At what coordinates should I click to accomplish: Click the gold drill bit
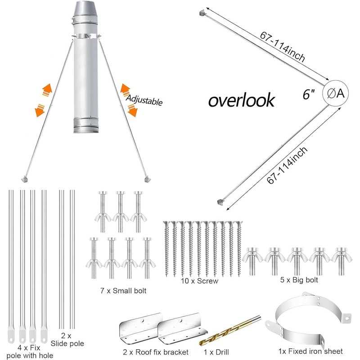click(x=230, y=331)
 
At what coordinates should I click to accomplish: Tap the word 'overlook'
click(x=242, y=99)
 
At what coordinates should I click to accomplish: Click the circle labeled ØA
click(x=335, y=93)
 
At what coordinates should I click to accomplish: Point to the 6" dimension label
click(x=309, y=94)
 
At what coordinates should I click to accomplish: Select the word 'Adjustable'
click(x=144, y=100)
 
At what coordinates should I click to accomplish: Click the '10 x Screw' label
click(x=199, y=281)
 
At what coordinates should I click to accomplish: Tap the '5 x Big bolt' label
click(x=299, y=280)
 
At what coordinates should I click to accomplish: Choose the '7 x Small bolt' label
click(x=123, y=291)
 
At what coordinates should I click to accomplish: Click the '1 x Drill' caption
click(x=216, y=352)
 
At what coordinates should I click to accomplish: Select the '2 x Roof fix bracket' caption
click(x=156, y=352)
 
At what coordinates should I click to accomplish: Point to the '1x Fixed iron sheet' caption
click(x=310, y=351)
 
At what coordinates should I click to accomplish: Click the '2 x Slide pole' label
click(x=67, y=340)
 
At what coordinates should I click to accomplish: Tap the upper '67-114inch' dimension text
click(x=283, y=47)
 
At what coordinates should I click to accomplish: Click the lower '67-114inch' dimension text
click(x=287, y=165)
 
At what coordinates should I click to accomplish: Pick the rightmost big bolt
click(x=341, y=261)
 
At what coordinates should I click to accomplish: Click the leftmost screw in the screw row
click(x=167, y=249)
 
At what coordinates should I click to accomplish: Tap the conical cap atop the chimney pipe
click(x=86, y=9)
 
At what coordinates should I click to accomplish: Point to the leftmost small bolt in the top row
click(x=103, y=211)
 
